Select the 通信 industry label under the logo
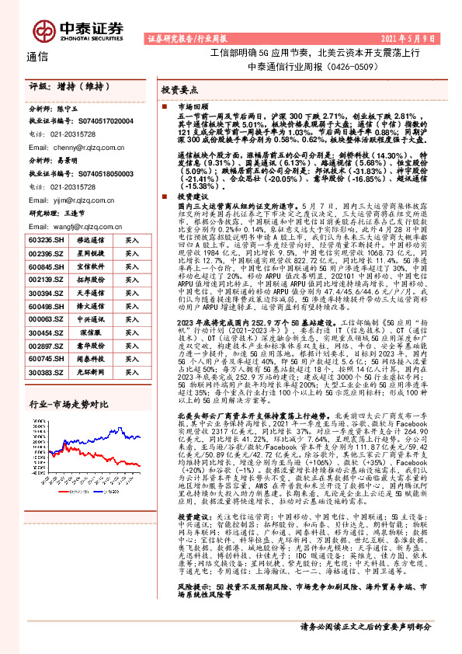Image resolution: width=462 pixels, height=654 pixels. tap(36, 57)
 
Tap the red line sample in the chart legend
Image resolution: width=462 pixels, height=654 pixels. tap(64, 491)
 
